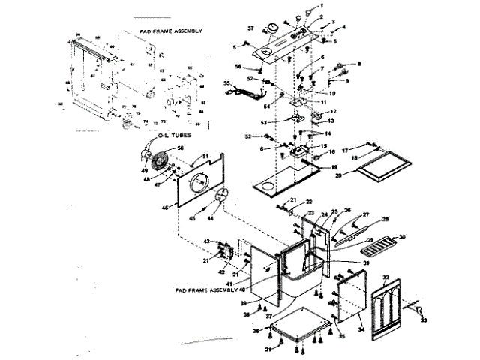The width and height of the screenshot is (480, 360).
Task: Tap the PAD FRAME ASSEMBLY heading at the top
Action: [172, 31]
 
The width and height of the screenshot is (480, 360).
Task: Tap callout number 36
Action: [255, 330]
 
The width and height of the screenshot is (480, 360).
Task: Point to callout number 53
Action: [263, 121]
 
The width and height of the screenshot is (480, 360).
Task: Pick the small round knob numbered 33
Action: [420, 308]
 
